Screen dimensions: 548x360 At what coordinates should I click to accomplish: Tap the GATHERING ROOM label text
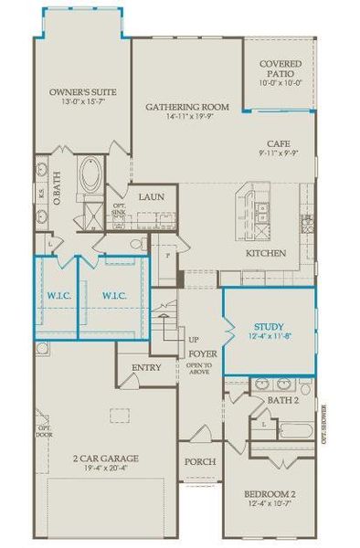coord(185,107)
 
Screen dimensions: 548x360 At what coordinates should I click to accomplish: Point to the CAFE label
coord(280,143)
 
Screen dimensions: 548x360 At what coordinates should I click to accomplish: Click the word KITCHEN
coord(267,253)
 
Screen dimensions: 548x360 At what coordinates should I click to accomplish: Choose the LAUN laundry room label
coord(151,196)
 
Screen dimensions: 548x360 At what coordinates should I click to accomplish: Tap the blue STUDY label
coord(269,326)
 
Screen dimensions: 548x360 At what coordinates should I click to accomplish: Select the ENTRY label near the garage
coord(146,367)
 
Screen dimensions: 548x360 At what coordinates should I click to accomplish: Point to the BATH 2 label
coord(284,400)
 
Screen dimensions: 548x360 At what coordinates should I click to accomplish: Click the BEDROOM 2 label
coord(269,496)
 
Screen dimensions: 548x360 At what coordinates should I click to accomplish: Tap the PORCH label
coord(200,462)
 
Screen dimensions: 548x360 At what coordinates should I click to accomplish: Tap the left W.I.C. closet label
coord(58,295)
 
